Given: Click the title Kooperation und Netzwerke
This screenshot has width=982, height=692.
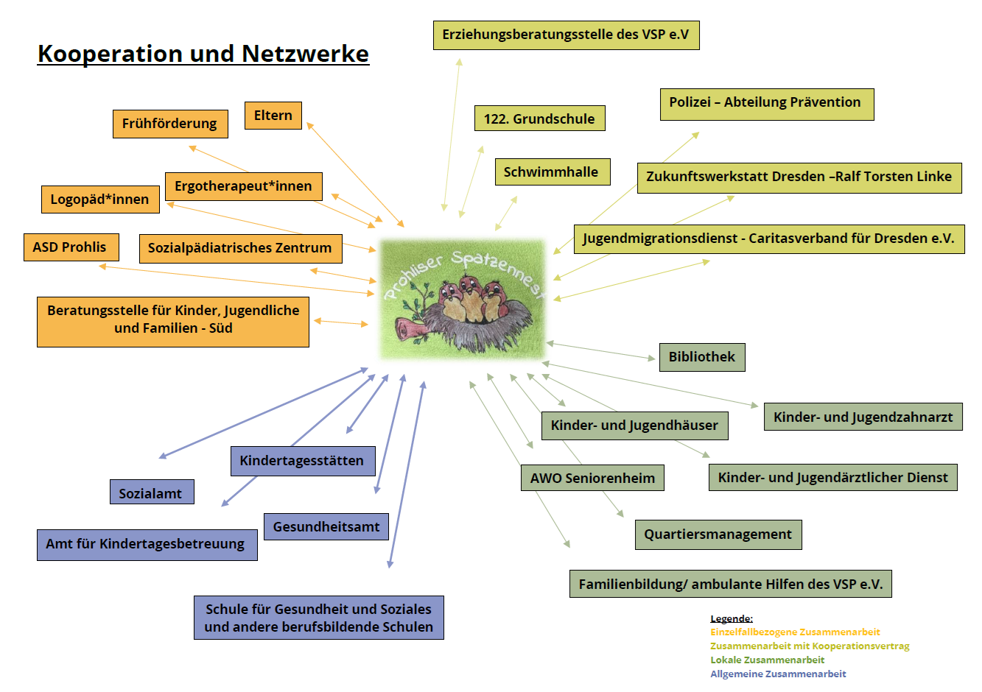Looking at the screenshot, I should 203,54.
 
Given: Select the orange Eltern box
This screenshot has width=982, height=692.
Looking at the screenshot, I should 273,116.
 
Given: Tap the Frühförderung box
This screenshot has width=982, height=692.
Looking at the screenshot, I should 169,124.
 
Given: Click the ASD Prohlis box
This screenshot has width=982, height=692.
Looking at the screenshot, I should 70,247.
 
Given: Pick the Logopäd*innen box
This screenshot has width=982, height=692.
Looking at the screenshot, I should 99,200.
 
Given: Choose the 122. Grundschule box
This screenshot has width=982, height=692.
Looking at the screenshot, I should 539,119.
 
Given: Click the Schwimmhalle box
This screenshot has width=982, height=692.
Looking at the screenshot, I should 552,172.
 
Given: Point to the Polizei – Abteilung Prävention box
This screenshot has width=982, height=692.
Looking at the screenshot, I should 766,103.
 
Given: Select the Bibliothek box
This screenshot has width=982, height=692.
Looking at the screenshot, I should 702,357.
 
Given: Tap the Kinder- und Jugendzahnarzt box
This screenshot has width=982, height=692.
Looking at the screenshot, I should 863,417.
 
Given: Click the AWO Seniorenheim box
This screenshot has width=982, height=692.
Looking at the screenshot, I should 592,479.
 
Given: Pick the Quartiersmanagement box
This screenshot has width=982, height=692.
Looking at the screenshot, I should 718,534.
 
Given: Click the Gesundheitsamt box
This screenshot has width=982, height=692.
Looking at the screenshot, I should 326,527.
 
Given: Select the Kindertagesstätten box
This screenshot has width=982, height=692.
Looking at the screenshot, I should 302,461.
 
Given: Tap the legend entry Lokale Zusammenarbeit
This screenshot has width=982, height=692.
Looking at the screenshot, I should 767,660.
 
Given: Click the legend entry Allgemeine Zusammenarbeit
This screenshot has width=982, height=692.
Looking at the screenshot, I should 778,674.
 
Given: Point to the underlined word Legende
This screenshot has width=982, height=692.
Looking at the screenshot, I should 731,619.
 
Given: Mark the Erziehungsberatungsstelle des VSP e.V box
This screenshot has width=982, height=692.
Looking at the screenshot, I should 566,35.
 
